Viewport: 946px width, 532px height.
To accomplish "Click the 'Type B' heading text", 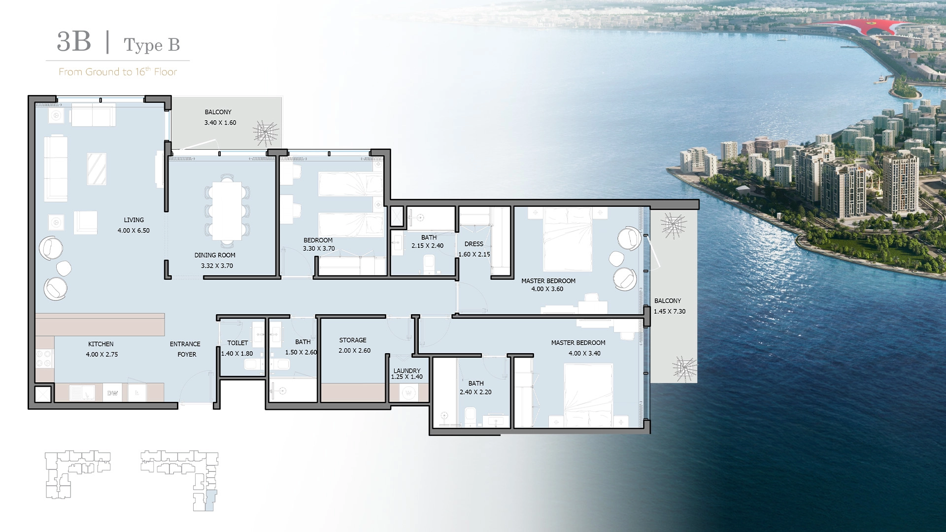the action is coord(152,45).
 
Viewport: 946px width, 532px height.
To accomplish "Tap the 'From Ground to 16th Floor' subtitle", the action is coord(118,72).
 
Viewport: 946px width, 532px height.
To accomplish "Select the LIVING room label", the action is coord(134,220).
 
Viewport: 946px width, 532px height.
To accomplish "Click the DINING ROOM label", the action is coord(215,255).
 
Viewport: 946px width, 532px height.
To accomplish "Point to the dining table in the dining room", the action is coord(227,211).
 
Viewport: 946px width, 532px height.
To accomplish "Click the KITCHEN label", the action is coord(101,344).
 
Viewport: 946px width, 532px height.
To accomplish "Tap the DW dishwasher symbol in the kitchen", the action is coord(112,393).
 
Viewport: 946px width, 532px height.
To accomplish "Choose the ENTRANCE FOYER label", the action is coord(185,349).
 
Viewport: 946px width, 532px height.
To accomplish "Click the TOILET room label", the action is coord(237,343).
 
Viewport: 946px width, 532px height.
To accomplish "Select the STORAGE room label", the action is coord(353,340).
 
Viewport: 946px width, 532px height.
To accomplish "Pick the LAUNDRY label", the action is coord(407,370).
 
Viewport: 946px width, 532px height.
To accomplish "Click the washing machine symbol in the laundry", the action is coord(408,393).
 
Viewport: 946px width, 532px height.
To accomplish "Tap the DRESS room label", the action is coord(474,244).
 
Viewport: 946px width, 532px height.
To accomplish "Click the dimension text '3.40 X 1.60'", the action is coord(220,123).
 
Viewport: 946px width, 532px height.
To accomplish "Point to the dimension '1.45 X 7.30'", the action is coord(670,311).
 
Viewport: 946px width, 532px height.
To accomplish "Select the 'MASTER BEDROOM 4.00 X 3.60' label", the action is coord(548,285).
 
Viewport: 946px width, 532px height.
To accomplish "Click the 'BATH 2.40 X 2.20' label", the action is coord(475,388).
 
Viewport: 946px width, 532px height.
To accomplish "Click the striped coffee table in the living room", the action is coord(97,169).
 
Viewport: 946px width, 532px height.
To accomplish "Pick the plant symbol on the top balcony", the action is coord(266,133).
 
